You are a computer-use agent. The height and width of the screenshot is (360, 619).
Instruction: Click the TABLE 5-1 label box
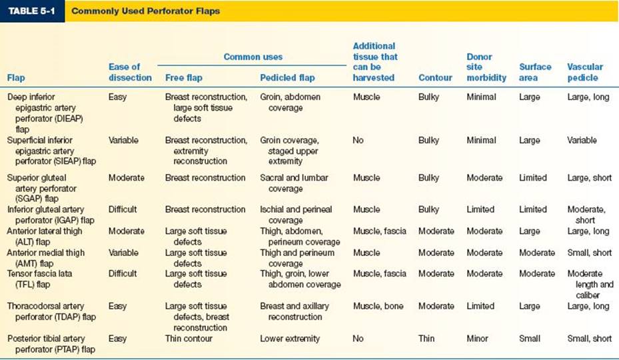point(32,11)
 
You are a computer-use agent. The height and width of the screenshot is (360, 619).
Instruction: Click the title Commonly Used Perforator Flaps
point(145,11)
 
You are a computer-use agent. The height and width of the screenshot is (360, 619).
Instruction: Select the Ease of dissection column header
point(130,72)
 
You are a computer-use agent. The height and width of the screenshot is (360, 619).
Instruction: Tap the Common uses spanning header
point(253,57)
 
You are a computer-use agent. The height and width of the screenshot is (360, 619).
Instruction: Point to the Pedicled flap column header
point(287,78)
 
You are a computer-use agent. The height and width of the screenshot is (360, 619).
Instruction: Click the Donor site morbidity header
point(486,67)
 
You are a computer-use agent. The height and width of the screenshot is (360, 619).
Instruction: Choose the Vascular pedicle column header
point(584,72)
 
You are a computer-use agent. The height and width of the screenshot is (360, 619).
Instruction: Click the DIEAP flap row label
point(45,113)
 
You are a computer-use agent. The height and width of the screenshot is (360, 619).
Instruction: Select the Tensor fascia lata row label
point(39,279)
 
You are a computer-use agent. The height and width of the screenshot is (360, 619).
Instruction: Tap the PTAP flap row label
point(51,344)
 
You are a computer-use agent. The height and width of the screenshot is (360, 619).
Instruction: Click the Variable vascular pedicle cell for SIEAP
point(582,140)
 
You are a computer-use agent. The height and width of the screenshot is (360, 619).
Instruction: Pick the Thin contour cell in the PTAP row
point(426,339)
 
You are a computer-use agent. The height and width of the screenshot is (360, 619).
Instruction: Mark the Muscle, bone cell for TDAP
point(378,306)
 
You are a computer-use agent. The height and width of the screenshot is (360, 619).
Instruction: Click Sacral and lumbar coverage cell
point(294,183)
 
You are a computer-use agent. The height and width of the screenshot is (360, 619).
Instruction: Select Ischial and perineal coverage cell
point(296,215)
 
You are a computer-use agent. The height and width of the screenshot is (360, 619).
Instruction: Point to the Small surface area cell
point(530,339)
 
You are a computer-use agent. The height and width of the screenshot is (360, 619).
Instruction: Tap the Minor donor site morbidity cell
point(477,339)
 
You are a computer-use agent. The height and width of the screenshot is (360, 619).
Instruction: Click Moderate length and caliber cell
point(590,285)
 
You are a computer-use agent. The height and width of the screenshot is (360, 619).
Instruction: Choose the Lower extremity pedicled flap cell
point(290,339)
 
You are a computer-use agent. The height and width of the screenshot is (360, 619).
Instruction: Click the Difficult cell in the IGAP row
point(123,209)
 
